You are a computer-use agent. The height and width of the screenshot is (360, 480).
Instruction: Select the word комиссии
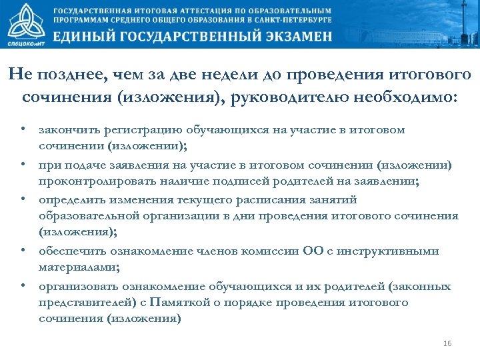pyautogui.click(x=271, y=251)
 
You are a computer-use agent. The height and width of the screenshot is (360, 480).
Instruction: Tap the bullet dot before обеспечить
pyautogui.click(x=23, y=251)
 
